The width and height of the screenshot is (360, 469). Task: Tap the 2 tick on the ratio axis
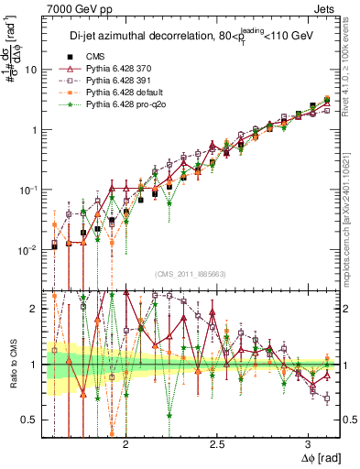34,309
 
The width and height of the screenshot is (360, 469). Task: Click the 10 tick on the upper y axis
30,70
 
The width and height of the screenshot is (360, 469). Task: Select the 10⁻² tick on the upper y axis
27,250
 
